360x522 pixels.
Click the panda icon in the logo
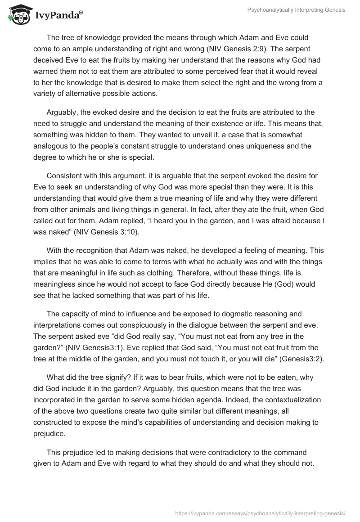click(x=18, y=14)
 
